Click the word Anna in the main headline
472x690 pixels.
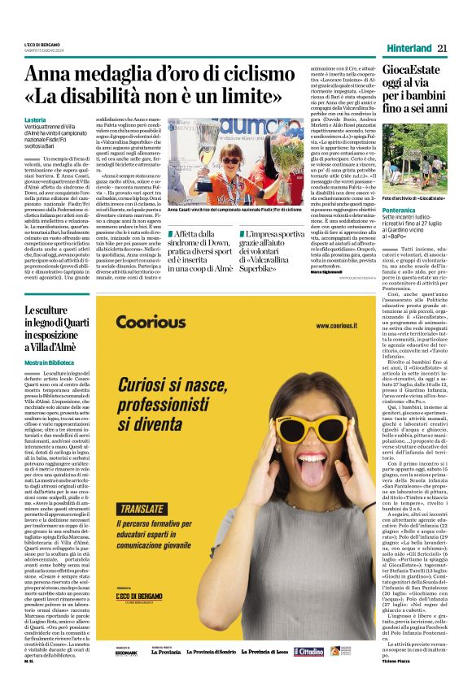coord(50,75)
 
